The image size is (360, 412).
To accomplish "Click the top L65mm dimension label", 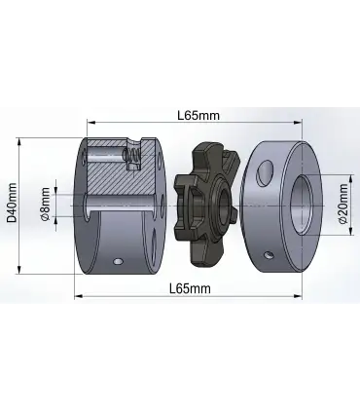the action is tap(198, 115).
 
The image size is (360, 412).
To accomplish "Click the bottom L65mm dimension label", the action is tap(191, 288).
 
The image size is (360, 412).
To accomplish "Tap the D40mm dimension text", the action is tap(12, 203).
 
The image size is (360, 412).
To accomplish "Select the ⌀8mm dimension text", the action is tap(46, 204).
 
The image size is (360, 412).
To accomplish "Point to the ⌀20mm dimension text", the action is tap(342, 204).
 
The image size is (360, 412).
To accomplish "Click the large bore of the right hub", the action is tap(302, 205).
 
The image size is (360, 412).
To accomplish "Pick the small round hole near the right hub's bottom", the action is tap(269, 255).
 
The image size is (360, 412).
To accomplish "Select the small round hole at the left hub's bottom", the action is tap(118, 261).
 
